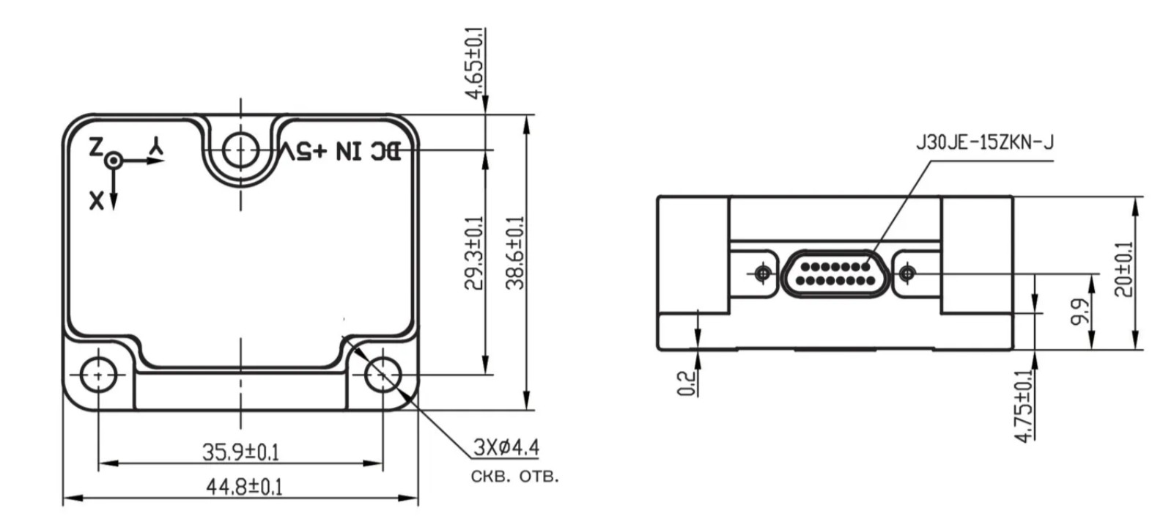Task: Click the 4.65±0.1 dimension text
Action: [476, 63]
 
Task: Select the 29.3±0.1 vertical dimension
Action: [474, 253]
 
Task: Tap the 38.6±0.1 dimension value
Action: [515, 253]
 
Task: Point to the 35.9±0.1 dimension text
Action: [241, 452]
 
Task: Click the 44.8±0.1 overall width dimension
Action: [244, 487]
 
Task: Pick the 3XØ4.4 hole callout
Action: [506, 447]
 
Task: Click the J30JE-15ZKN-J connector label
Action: [985, 143]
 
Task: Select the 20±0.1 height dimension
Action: [1123, 269]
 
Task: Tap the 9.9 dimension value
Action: [1079, 312]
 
